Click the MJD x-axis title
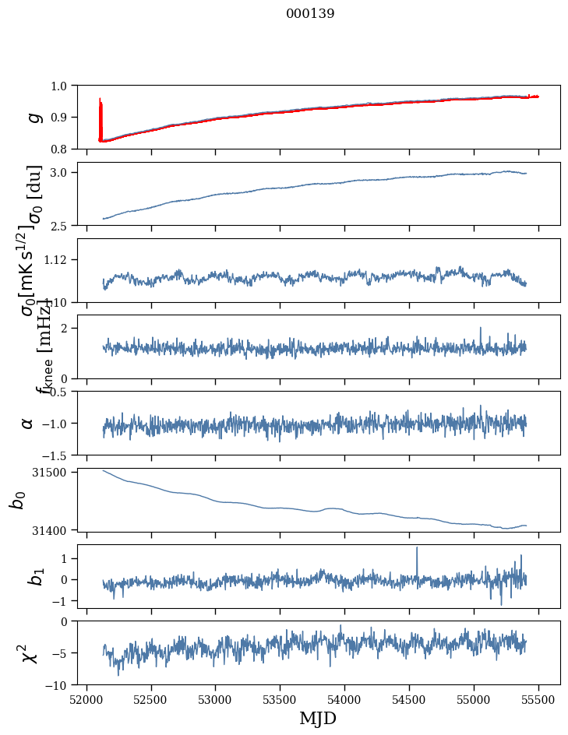coord(318,718)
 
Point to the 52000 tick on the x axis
coord(86,700)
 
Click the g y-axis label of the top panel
coord(33,117)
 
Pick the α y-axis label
coord(28,423)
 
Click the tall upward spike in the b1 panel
coord(417,548)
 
